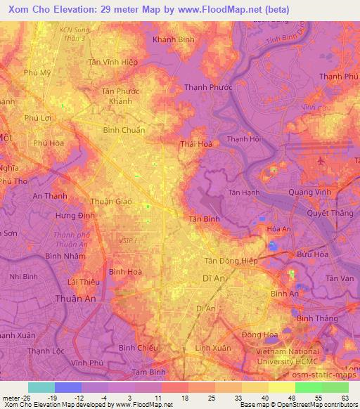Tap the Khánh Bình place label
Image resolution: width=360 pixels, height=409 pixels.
click(x=174, y=39)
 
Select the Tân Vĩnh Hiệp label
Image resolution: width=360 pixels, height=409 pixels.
click(x=113, y=62)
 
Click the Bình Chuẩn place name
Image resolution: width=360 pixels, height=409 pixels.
click(x=124, y=130)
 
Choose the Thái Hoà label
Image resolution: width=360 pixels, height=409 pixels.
click(x=196, y=143)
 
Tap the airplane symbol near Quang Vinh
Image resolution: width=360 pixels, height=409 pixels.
click(x=322, y=161)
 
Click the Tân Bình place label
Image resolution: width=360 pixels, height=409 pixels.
click(x=205, y=219)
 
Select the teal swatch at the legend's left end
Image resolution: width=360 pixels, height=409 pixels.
click(x=41, y=387)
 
